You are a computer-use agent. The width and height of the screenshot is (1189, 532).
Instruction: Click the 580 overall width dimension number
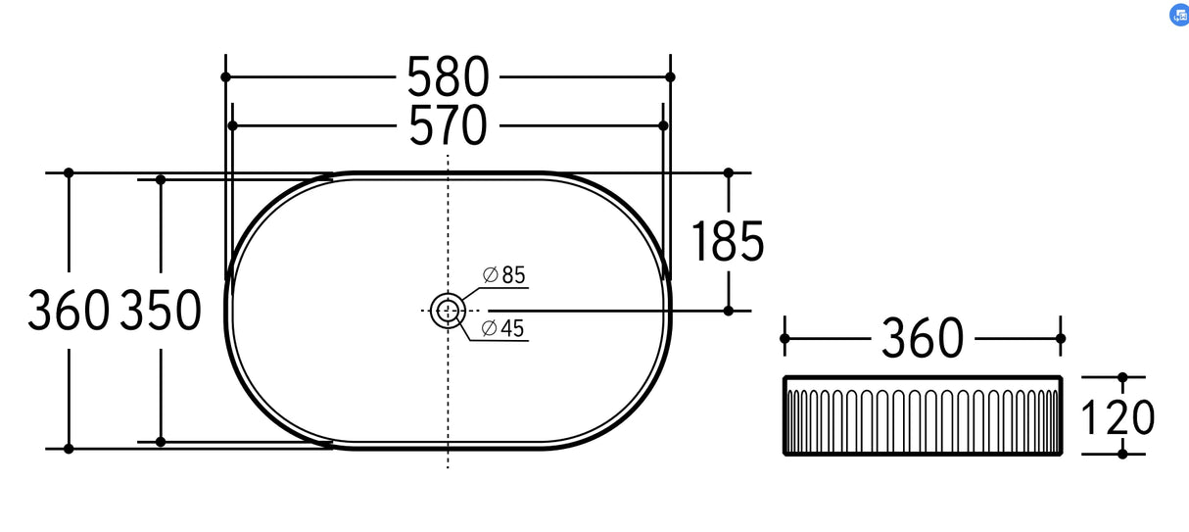pos(448,76)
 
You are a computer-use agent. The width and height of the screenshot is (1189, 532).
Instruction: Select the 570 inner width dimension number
pos(448,126)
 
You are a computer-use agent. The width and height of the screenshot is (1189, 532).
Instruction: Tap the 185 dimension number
pos(727,241)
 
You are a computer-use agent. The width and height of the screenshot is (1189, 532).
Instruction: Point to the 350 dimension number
pos(161,311)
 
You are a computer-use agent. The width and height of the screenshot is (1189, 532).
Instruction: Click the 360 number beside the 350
pos(68,311)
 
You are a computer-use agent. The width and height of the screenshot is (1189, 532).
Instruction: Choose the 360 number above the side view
pos(922,339)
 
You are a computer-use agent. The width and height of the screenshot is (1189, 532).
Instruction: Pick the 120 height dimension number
pos(1118,417)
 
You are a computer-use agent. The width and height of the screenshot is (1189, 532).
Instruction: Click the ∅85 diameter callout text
pos(504,276)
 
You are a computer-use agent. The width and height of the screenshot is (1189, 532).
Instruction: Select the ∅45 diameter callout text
pos(504,329)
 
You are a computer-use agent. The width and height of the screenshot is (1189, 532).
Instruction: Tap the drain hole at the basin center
pos(448,311)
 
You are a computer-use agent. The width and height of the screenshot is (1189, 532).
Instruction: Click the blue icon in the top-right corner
pos(1178,15)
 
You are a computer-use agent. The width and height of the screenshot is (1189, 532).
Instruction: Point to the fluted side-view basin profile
pos(922,416)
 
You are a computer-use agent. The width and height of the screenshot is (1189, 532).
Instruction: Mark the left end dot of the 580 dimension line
pos(225,76)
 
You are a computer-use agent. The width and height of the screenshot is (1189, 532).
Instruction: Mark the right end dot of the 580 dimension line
pos(670,76)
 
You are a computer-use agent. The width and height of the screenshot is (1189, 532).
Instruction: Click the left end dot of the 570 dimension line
pos(232,125)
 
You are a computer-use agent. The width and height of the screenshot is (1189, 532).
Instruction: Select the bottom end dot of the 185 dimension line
pos(728,311)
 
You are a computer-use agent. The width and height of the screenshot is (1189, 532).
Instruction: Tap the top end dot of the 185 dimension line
pos(728,172)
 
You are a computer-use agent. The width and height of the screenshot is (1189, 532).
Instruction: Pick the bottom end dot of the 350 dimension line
pos(161,442)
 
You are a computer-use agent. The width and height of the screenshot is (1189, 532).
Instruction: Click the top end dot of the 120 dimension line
pos(1122,377)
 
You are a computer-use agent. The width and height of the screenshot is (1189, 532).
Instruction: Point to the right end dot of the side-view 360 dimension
pos(1060,338)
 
